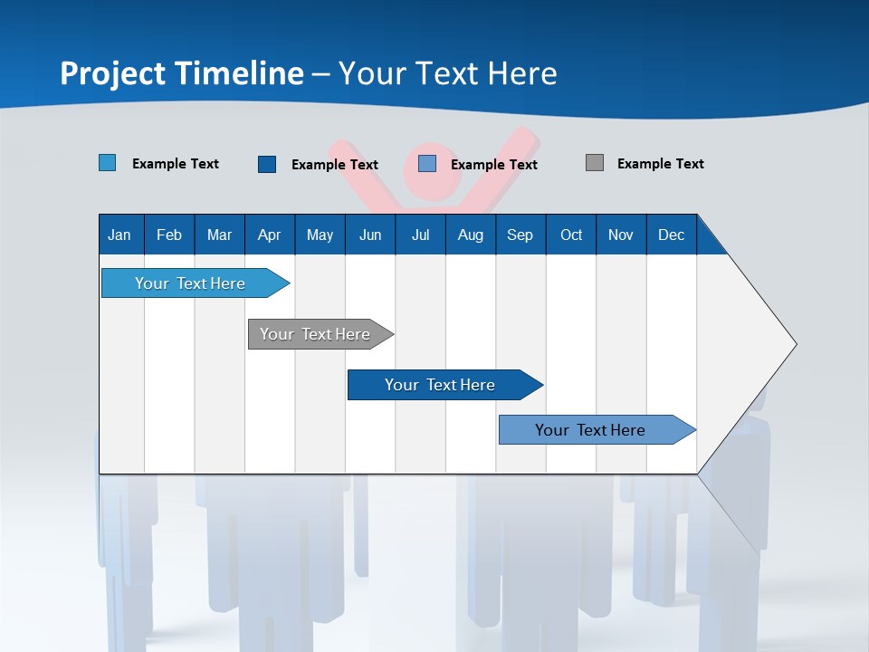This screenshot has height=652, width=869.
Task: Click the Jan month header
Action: tap(119, 235)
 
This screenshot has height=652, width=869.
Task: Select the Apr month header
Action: tap(269, 235)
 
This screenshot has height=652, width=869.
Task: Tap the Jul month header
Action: tap(420, 235)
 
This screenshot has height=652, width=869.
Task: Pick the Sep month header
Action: tap(520, 235)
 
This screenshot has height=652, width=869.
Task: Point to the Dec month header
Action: tap(671, 235)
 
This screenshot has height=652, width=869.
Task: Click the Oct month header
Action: tap(571, 235)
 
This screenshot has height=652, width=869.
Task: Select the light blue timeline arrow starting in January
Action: tap(190, 283)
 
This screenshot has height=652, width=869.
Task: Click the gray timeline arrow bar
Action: tap(315, 334)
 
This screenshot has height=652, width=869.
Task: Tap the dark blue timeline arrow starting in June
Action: tap(440, 385)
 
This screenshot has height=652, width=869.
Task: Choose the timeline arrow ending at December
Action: tap(590, 430)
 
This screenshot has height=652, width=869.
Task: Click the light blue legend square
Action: tap(107, 163)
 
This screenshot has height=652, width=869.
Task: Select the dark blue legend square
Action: tap(266, 164)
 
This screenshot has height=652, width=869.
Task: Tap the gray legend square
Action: tap(594, 163)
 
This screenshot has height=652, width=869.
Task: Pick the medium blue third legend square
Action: tap(427, 164)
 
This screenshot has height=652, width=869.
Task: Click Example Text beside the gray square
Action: tap(660, 164)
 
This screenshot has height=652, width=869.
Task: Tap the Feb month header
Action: tap(169, 235)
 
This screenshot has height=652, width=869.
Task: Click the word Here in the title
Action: tap(522, 73)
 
